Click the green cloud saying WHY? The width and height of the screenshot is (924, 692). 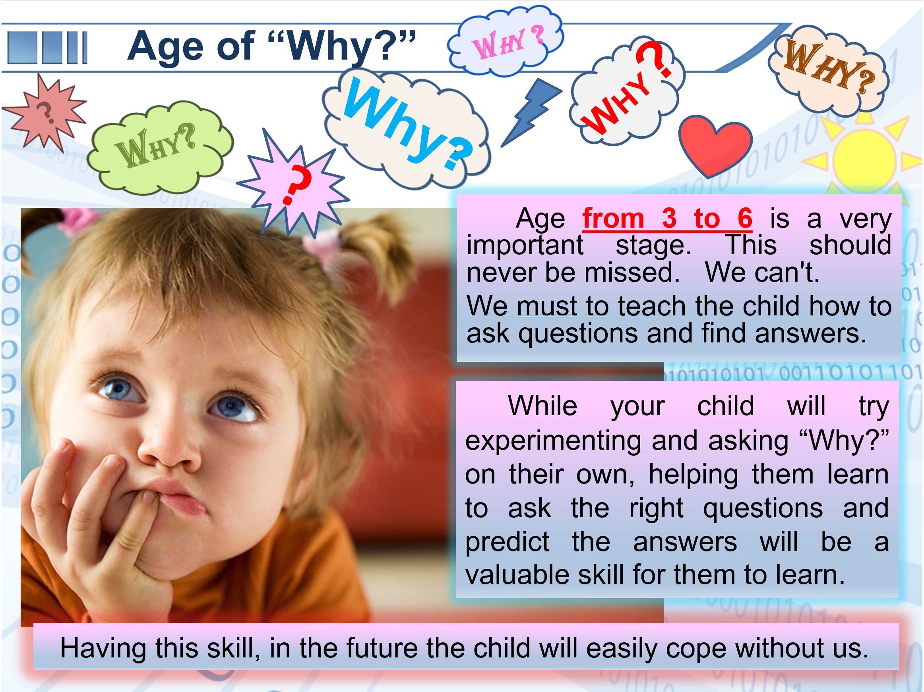tap(160, 147)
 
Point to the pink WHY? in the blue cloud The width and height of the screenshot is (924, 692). tap(508, 41)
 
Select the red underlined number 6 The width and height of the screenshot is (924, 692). tap(745, 218)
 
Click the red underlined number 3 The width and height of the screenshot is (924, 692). tap(669, 218)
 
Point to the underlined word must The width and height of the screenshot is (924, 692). tap(547, 306)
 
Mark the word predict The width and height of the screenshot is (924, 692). tap(507, 542)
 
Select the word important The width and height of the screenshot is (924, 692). tap(525, 245)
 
